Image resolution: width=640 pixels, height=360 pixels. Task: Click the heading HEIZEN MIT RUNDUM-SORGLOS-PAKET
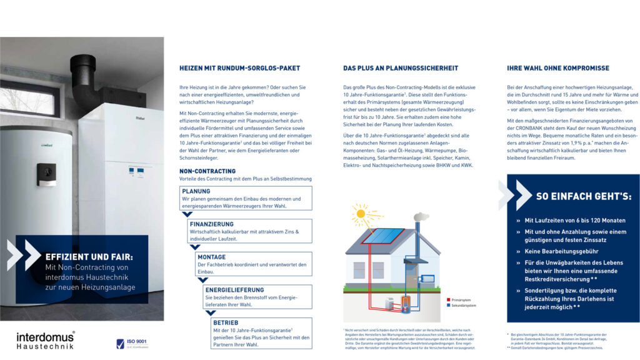tap(239, 68)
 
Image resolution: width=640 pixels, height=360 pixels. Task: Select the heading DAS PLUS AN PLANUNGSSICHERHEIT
tap(401, 68)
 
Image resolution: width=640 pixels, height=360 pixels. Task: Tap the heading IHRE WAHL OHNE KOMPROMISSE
tap(558, 68)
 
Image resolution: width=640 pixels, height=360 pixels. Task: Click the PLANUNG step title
tap(196, 191)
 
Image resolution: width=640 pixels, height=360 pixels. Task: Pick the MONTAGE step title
tap(211, 257)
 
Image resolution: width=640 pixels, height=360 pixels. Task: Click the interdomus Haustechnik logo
tap(45, 340)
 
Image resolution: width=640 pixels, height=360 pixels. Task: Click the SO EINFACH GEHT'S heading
tap(583, 196)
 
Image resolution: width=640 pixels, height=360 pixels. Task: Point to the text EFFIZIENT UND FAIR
tap(89, 256)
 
